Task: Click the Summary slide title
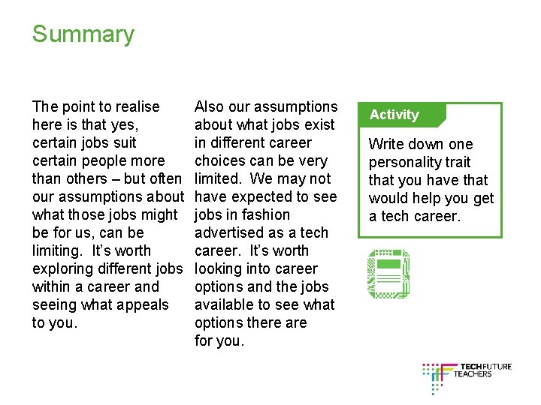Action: pyautogui.click(x=83, y=34)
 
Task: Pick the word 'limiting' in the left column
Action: pyautogui.click(x=58, y=250)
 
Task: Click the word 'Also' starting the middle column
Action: pyautogui.click(x=209, y=106)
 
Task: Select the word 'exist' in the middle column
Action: pyautogui.click(x=318, y=124)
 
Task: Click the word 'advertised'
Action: pyautogui.click(x=231, y=232)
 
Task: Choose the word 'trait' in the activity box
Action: pyautogui.click(x=458, y=162)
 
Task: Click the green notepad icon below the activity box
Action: pyautogui.click(x=388, y=274)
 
